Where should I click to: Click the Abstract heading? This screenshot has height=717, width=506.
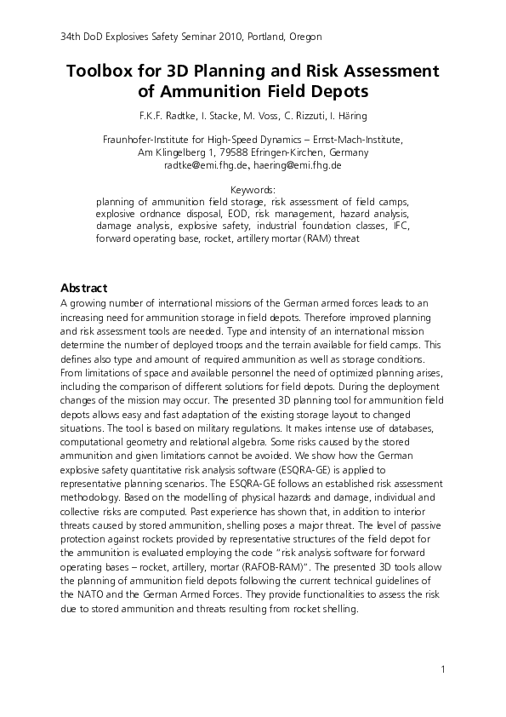pyautogui.click(x=84, y=287)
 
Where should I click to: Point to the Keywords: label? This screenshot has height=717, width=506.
pyautogui.click(x=253, y=190)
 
